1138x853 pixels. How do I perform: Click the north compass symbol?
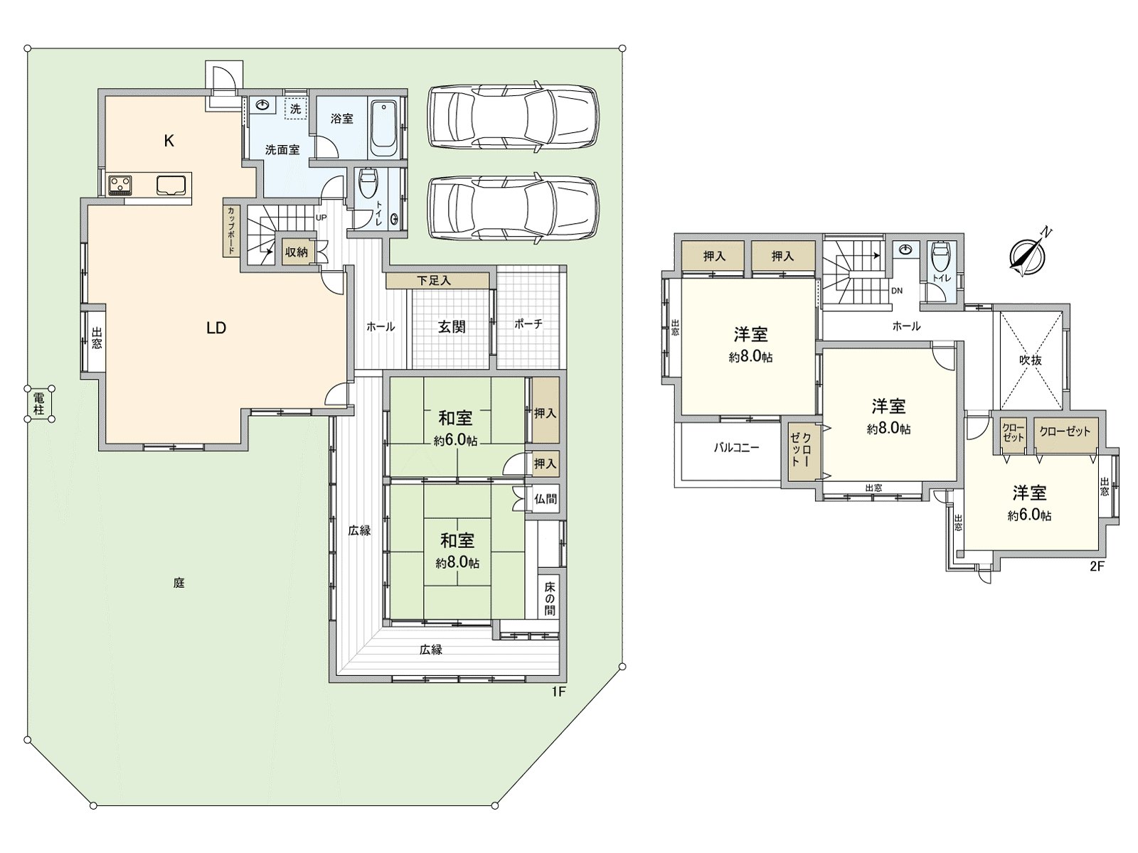[1028, 254]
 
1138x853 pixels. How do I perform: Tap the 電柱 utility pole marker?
[39, 404]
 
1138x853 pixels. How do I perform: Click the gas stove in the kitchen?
[119, 184]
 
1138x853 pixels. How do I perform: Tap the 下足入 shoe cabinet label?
[434, 281]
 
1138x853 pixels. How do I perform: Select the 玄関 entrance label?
[452, 327]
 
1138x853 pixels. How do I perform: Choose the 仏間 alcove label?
[545, 499]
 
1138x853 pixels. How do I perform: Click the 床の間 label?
[550, 599]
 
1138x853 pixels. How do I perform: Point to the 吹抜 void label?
[1030, 360]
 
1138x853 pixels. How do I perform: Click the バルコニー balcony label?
[736, 448]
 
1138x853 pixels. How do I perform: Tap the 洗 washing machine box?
[295, 109]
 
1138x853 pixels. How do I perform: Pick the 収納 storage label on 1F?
[296, 252]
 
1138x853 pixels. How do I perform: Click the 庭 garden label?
[179, 583]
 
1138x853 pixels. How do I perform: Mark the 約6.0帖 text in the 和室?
[455, 441]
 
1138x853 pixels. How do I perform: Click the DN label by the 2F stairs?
[897, 291]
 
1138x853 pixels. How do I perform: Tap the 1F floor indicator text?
[558, 692]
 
